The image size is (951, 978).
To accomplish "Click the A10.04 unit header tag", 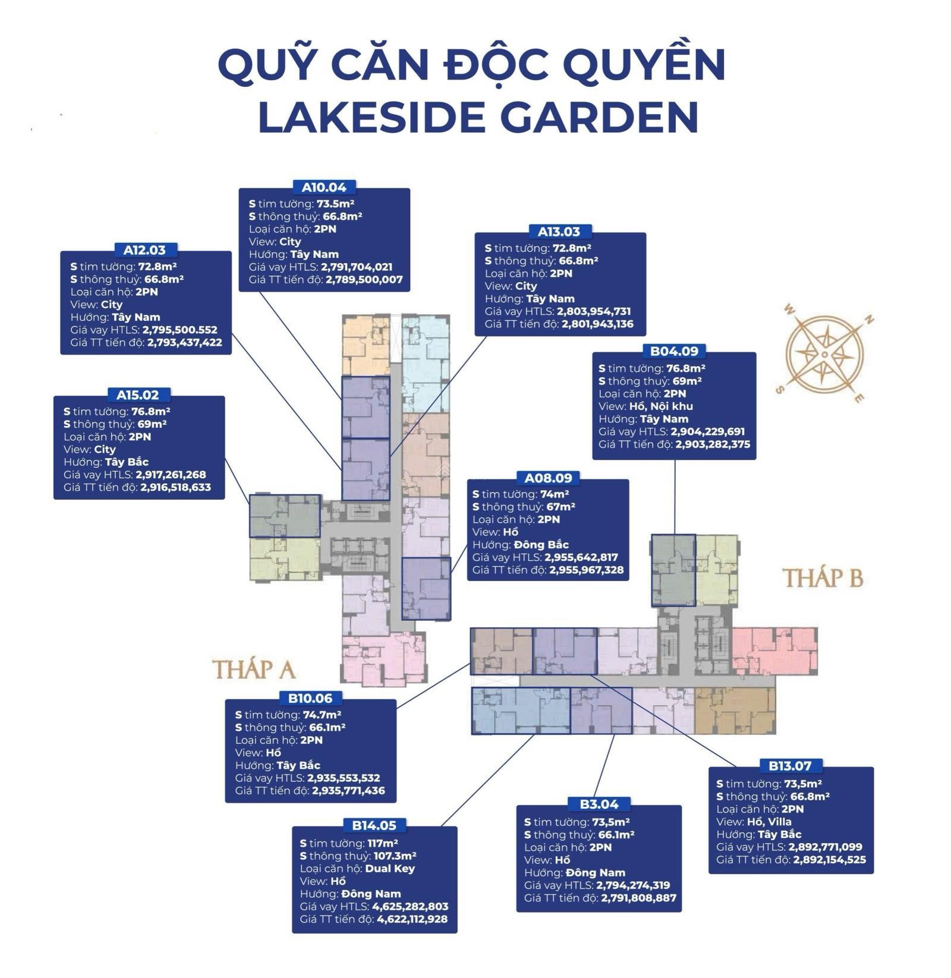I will tap(324, 187).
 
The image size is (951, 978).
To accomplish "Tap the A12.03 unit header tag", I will tap(145, 250).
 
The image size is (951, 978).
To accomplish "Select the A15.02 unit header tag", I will tap(138, 395).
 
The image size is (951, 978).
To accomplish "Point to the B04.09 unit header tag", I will tap(673, 351).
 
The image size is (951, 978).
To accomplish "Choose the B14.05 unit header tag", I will tap(374, 825).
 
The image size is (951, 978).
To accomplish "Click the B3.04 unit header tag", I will tap(599, 804).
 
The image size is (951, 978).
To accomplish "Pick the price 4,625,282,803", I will tap(410, 907).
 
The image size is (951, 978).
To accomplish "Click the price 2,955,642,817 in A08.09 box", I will tap(581, 557).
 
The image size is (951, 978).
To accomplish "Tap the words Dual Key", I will tap(390, 869).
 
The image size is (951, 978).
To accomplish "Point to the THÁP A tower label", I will tap(254, 669).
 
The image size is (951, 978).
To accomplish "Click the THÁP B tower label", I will tap(823, 578).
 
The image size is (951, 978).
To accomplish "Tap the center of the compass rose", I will tap(824, 354).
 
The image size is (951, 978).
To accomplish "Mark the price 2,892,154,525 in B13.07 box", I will tap(829, 860).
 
